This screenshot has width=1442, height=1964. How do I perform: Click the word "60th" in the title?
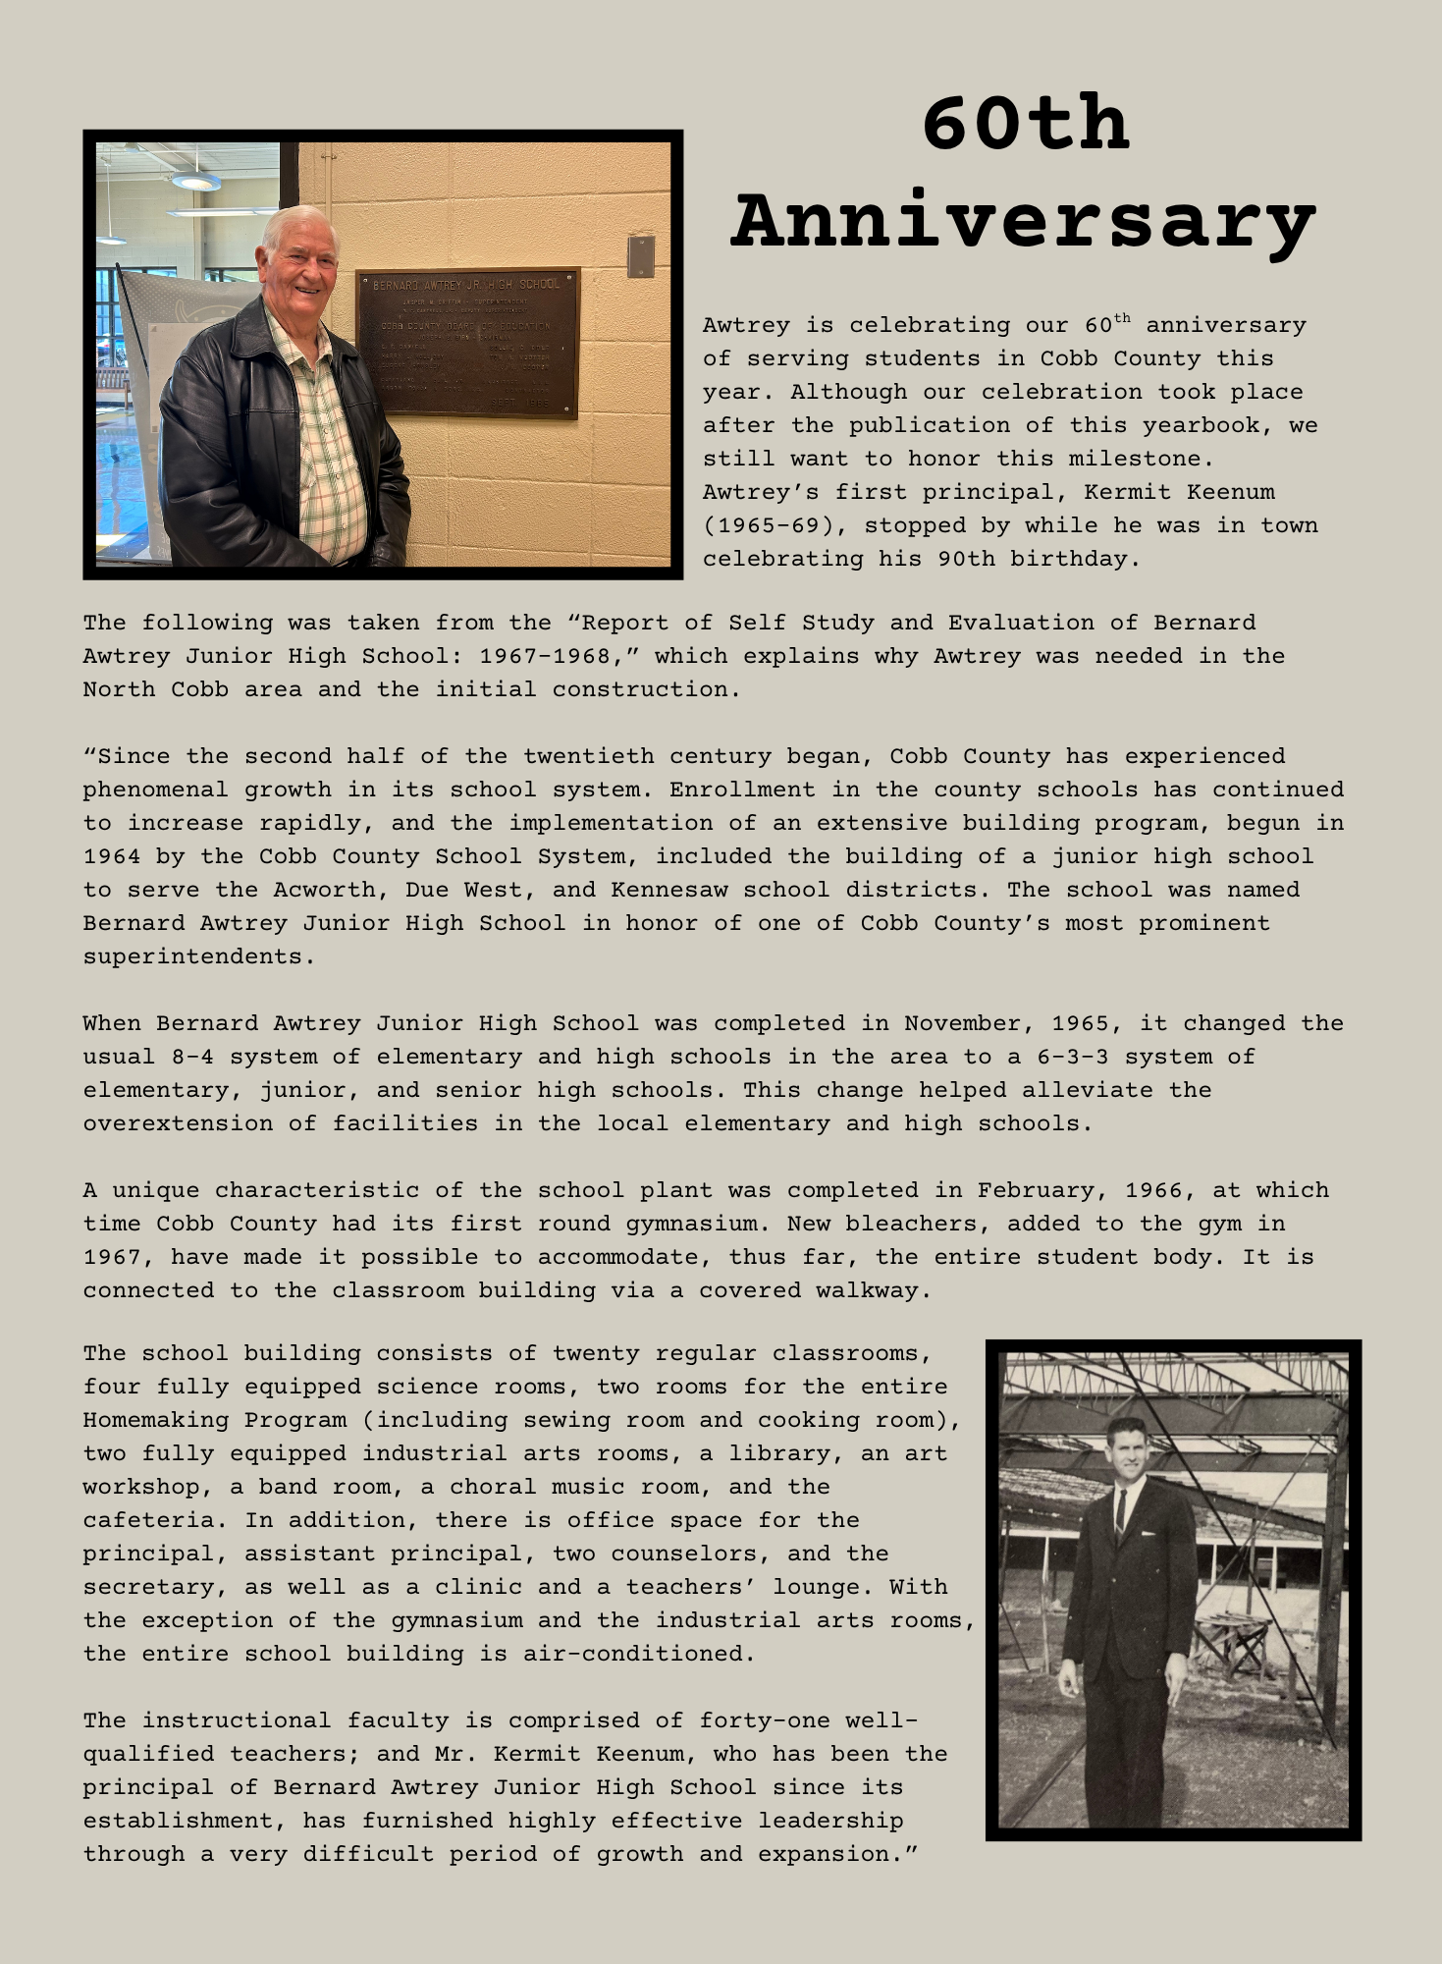point(1026,125)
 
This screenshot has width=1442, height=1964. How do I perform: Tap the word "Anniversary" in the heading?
point(1024,222)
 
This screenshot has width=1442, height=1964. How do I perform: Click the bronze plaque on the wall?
point(467,342)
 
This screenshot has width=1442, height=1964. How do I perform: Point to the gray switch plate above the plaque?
point(641,255)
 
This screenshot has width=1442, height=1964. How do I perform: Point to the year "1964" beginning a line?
point(112,856)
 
